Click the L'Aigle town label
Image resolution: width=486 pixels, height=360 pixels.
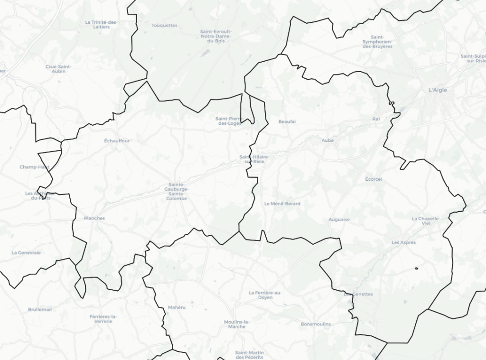click(438, 90)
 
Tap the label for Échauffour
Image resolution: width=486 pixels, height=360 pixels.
click(117, 141)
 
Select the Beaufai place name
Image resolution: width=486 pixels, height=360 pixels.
click(287, 122)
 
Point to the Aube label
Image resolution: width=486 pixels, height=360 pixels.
click(327, 140)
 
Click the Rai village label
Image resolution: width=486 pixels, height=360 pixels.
click(376, 119)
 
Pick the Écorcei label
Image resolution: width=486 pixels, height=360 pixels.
click(374, 179)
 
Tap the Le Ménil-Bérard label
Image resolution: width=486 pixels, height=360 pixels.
click(282, 203)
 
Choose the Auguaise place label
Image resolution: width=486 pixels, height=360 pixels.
click(339, 220)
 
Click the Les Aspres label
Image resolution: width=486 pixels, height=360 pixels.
click(403, 242)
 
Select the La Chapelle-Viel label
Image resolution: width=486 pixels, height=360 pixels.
click(426, 221)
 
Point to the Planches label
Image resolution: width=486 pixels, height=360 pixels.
click(94, 218)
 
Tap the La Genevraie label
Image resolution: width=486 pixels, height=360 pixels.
click(26, 253)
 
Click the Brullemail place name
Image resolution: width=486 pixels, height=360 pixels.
click(40, 309)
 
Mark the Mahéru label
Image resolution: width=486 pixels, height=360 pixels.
click(177, 307)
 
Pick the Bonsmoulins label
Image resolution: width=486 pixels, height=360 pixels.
click(316, 324)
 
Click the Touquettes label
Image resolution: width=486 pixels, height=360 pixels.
click(164, 25)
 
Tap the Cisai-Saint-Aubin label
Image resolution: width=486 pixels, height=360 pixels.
click(58, 69)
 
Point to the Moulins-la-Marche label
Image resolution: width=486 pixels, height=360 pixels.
click(236, 324)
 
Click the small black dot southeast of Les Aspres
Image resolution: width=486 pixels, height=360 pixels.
click(416, 268)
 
